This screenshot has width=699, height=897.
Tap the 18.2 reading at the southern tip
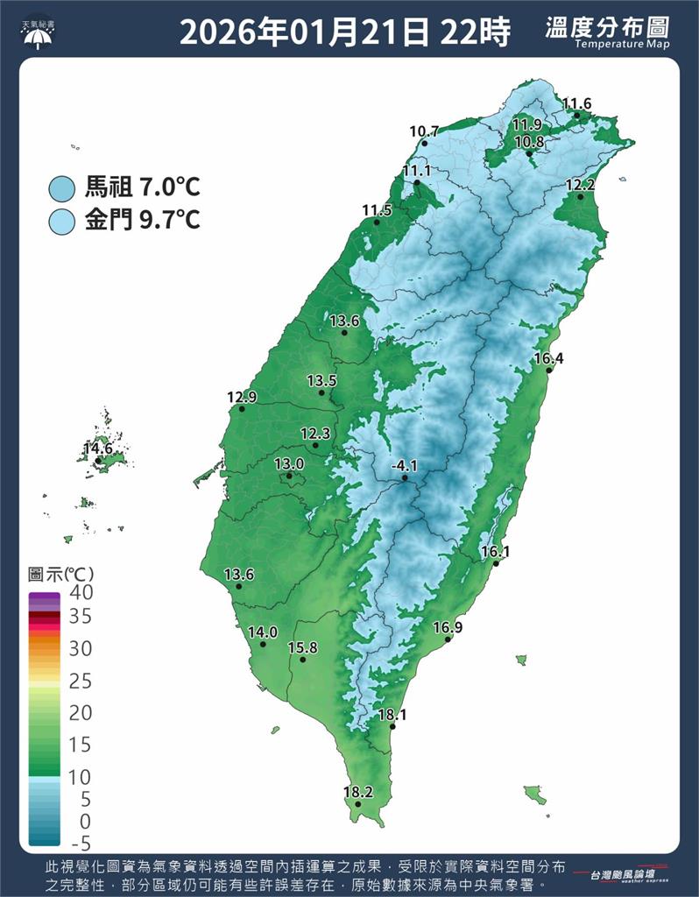click(x=357, y=793)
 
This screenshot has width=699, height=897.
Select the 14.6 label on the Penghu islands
click(x=98, y=449)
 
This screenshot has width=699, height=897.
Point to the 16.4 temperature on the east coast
click(x=548, y=358)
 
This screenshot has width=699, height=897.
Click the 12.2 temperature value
click(x=580, y=185)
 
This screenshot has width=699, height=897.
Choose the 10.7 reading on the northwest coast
click(x=424, y=132)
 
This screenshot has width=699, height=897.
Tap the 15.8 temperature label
click(x=302, y=647)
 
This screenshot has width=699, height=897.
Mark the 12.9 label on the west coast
click(x=242, y=398)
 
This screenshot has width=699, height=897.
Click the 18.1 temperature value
click(x=392, y=715)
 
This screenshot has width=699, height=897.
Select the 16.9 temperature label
click(x=448, y=628)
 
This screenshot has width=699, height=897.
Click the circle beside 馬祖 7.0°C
click(x=62, y=187)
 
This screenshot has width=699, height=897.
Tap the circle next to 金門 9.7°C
click(x=62, y=219)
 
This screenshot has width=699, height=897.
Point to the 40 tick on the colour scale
click(x=81, y=593)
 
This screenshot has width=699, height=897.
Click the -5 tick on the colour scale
click(x=81, y=844)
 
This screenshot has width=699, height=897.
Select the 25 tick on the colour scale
click(x=81, y=681)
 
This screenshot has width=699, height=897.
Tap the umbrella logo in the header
click(x=37, y=33)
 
